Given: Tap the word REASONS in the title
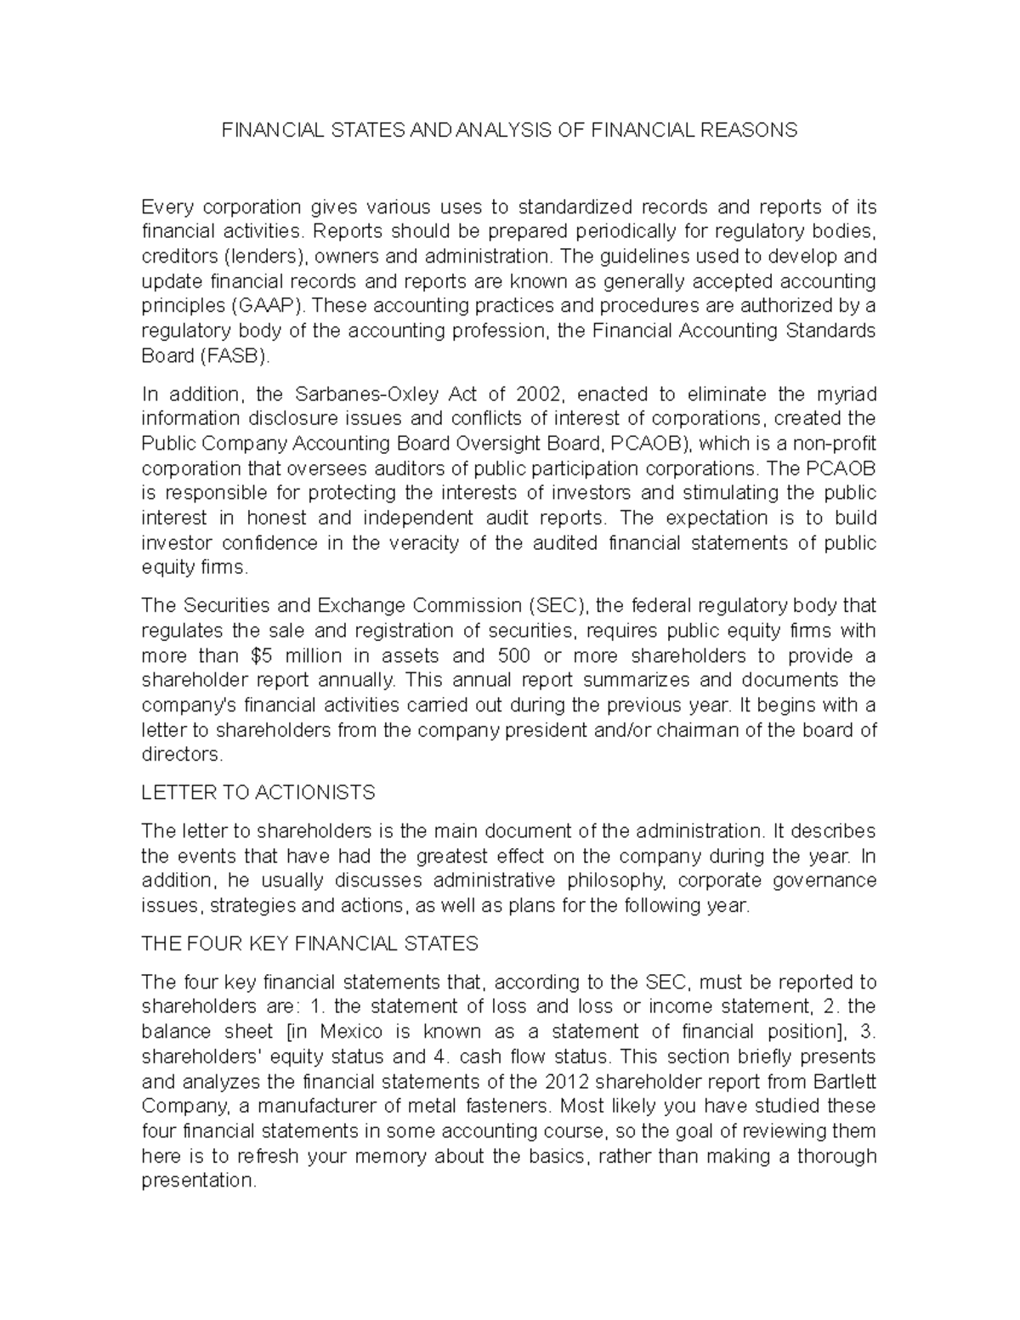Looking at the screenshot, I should tap(752, 130).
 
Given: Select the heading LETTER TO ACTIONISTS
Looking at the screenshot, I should tap(258, 793).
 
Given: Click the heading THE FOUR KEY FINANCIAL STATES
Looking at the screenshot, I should tap(309, 943).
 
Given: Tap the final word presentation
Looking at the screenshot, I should tap(198, 1181).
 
